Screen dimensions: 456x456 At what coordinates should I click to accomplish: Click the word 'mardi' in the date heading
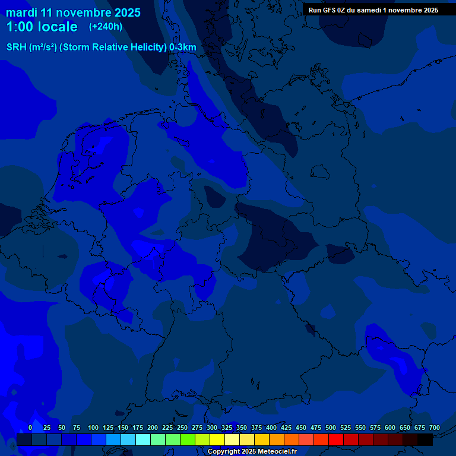coord(22,12)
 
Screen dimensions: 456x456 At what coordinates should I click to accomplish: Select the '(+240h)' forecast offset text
coord(106,26)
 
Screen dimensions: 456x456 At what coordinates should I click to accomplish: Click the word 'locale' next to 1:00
coord(58,27)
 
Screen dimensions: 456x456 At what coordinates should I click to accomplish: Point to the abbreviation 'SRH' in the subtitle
coord(17,47)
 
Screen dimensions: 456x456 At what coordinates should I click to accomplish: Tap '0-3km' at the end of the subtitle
coord(183,47)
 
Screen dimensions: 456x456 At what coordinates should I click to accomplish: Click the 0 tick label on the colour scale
coord(30,428)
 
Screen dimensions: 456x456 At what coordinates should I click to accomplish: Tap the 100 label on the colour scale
coord(93,428)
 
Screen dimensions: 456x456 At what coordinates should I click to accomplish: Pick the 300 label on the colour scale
coord(212,428)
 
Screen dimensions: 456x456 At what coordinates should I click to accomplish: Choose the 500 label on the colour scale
coord(331,428)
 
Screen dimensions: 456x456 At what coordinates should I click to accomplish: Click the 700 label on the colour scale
coord(435,428)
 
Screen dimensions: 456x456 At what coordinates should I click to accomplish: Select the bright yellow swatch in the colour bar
coord(217,440)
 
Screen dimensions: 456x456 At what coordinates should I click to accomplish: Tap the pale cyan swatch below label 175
coord(143,440)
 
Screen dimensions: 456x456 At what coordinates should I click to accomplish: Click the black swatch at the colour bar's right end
coord(425,440)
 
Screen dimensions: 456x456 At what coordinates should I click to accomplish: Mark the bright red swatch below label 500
coord(336,440)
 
